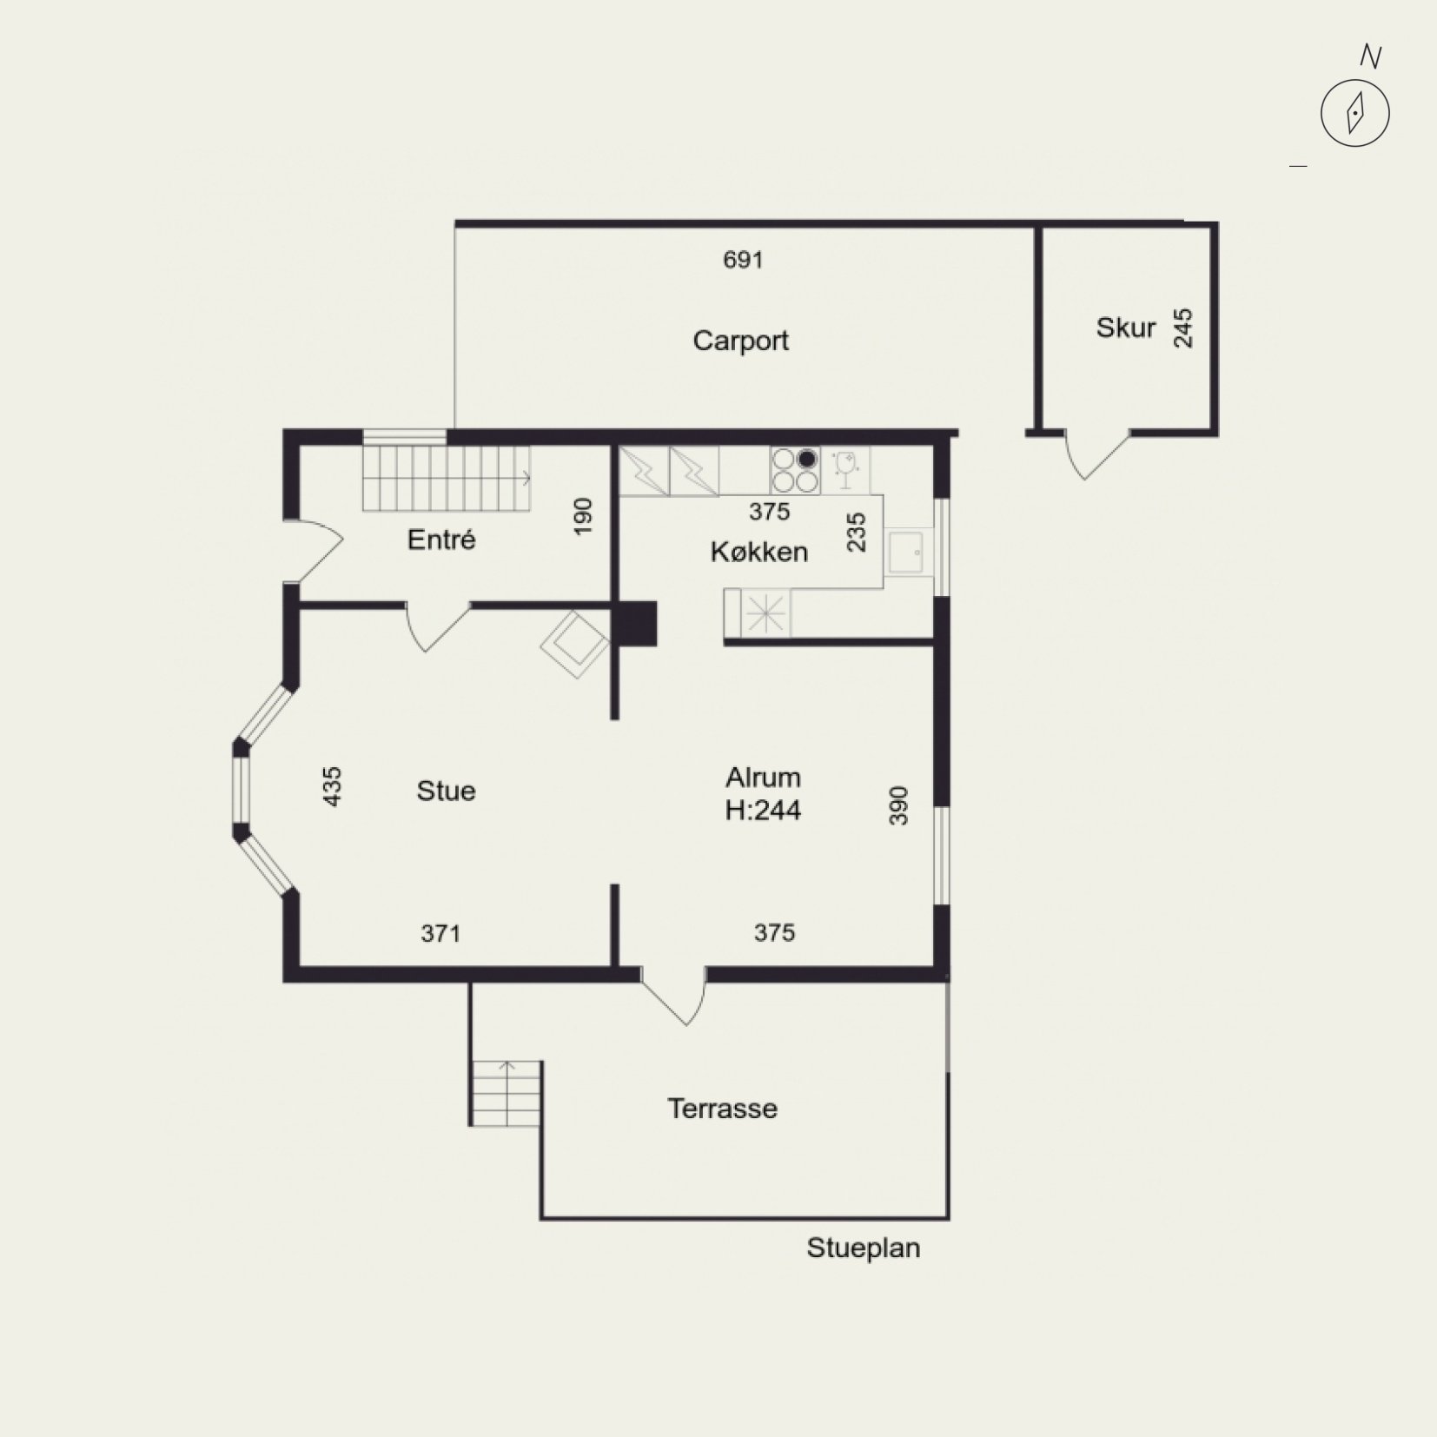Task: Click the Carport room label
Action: tap(740, 341)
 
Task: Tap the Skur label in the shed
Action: tap(1125, 328)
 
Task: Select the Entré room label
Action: tap(441, 540)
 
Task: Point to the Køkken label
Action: tap(758, 552)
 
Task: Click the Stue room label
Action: tap(446, 791)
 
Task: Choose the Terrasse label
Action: tap(722, 1109)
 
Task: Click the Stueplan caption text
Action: tap(863, 1248)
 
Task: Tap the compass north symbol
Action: tap(1355, 113)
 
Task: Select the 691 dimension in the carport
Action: tap(743, 260)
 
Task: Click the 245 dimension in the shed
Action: tap(1183, 328)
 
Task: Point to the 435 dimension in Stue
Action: tap(332, 786)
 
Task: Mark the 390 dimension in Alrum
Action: tap(898, 805)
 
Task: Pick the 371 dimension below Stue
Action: tap(440, 934)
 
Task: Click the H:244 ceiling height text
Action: tap(763, 811)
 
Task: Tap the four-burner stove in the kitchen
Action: tap(795, 471)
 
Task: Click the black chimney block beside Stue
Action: tap(638, 624)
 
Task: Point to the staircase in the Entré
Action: tap(447, 479)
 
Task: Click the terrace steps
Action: tap(507, 1093)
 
